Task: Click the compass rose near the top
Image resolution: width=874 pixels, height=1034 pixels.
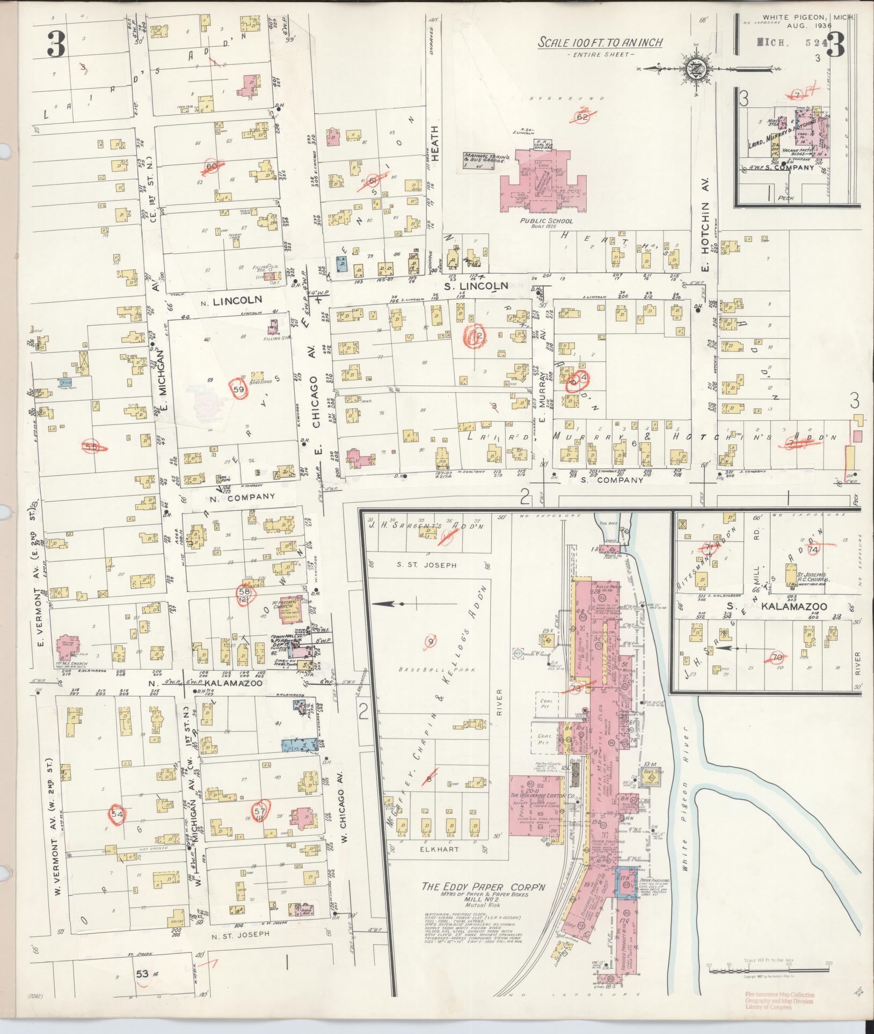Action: (x=693, y=68)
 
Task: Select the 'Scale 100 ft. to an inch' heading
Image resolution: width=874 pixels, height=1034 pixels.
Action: (x=600, y=42)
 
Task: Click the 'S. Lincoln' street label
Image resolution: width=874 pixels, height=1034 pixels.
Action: (x=482, y=286)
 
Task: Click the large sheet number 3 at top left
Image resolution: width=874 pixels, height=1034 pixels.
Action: (x=55, y=44)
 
